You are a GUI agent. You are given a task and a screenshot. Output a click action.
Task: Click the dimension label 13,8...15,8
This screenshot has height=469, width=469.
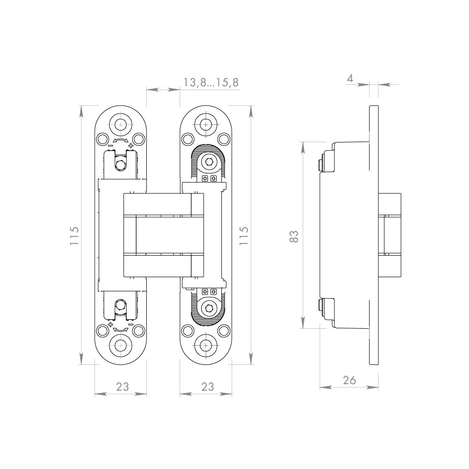tap(211, 83)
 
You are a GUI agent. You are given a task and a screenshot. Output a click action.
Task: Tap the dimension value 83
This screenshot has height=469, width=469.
tap(295, 236)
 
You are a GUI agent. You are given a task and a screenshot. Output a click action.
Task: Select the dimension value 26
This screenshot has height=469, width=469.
tap(349, 380)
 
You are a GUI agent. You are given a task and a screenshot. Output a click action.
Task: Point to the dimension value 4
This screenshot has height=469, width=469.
tap(350, 78)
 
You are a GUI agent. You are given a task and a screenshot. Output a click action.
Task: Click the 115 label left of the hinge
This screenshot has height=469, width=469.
tap(74, 236)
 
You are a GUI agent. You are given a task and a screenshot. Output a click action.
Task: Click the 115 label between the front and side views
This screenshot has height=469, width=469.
tap(244, 236)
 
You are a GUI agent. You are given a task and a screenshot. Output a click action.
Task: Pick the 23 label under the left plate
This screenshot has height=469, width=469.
tap(122, 387)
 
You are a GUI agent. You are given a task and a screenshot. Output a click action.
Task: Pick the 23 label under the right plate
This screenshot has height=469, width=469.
tap(208, 387)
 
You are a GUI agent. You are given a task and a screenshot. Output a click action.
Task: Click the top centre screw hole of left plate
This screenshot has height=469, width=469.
tap(120, 124)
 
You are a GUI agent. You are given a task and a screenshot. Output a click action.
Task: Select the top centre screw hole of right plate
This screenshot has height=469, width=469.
tap(206, 124)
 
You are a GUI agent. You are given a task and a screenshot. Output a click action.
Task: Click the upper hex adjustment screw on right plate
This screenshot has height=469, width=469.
tap(209, 163)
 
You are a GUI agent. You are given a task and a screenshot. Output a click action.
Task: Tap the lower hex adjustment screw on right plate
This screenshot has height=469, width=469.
tap(209, 308)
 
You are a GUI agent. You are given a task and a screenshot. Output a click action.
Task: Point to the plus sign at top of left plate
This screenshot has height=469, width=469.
tap(130, 146)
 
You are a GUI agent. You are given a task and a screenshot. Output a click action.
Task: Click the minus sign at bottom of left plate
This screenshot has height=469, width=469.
tap(130, 325)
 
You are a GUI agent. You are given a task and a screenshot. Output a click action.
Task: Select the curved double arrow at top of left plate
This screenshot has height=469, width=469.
tap(120, 141)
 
